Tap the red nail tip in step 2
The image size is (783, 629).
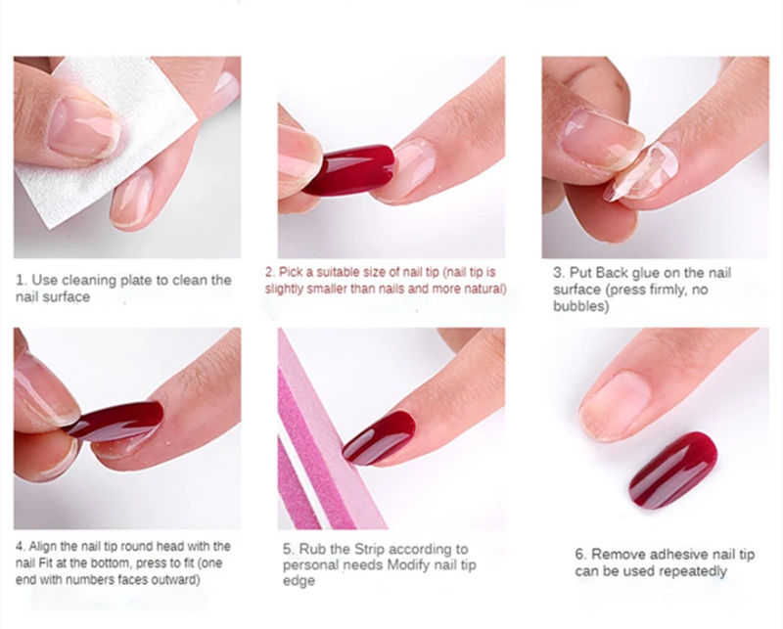pyautogui.click(x=349, y=170)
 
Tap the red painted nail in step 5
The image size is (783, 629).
pyautogui.click(x=381, y=438)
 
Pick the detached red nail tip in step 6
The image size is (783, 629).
pyautogui.click(x=672, y=470)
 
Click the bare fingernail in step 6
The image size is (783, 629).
pyautogui.click(x=614, y=405)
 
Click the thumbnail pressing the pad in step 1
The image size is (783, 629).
pyautogui.click(x=84, y=126)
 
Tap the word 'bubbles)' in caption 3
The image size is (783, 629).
pyautogui.click(x=580, y=306)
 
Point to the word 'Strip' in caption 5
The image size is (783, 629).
pyautogui.click(x=370, y=549)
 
